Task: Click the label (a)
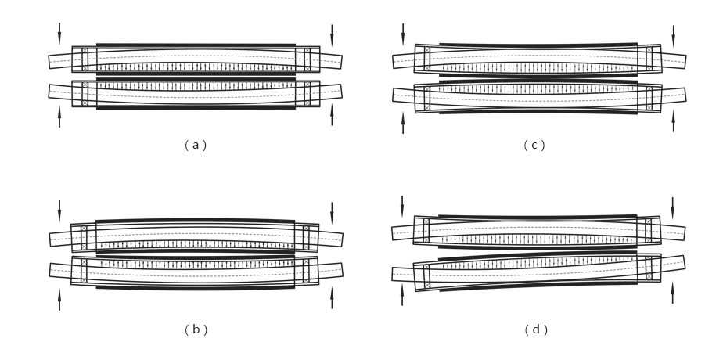tap(196, 145)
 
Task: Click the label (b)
tap(196, 329)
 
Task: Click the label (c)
tap(534, 145)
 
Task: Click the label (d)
tap(536, 329)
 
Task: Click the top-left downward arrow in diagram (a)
tap(59, 34)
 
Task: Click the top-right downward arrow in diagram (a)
tap(332, 34)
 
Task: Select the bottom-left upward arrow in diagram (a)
tap(59, 117)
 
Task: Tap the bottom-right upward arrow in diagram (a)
tap(332, 115)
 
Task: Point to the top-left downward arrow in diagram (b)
tap(59, 211)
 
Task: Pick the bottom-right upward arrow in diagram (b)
tap(332, 298)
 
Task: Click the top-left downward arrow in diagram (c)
tap(403, 34)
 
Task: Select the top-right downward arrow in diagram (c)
tap(673, 35)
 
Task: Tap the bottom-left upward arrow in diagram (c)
tap(403, 122)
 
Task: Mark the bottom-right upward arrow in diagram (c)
tap(673, 121)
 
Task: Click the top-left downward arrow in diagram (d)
tap(402, 207)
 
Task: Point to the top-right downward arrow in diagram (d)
tap(672, 208)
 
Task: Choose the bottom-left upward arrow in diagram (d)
tap(402, 294)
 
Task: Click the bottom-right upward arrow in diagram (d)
tap(672, 293)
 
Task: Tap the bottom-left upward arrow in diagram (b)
tap(59, 299)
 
